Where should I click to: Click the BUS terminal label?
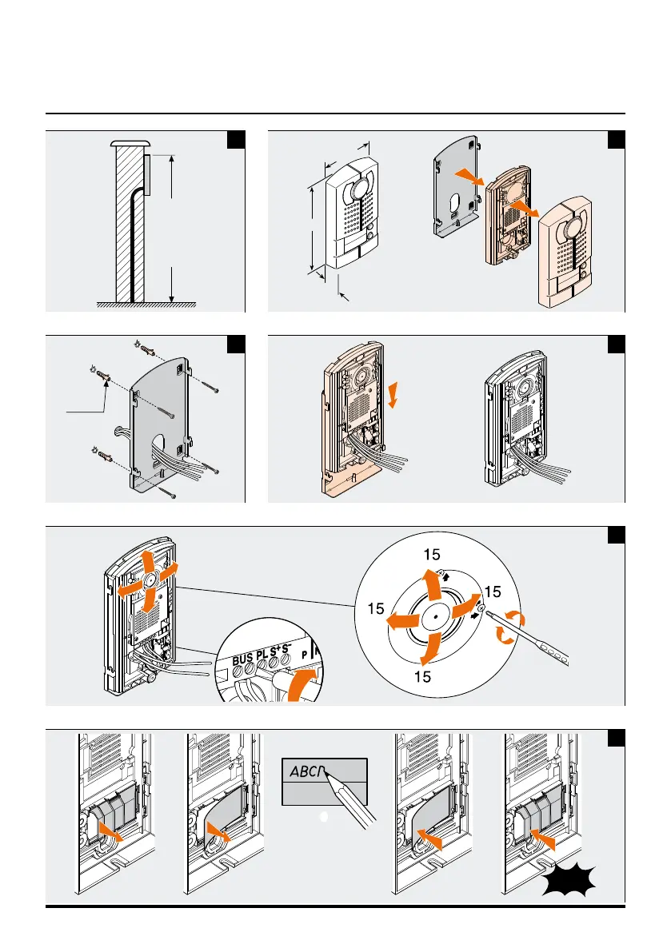(x=242, y=661)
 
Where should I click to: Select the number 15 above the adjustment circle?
(x=433, y=553)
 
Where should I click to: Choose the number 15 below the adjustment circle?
(x=423, y=677)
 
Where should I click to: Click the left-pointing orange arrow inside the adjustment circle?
(x=400, y=619)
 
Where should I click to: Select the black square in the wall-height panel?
(x=236, y=139)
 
